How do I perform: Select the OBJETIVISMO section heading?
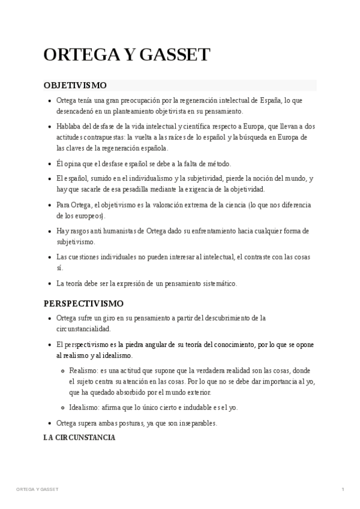click(x=75, y=86)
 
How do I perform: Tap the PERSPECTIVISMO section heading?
click(x=83, y=303)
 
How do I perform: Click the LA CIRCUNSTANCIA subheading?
click(x=79, y=438)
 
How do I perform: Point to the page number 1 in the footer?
click(x=343, y=490)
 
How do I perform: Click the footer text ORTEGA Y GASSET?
click(x=37, y=490)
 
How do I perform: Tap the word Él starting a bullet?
click(x=60, y=163)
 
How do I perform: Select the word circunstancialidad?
click(x=83, y=329)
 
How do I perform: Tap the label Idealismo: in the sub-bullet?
click(x=83, y=408)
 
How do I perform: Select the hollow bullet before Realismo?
click(x=62, y=371)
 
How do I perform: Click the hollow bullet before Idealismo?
click(x=62, y=408)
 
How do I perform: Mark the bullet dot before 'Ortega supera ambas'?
click(x=49, y=423)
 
